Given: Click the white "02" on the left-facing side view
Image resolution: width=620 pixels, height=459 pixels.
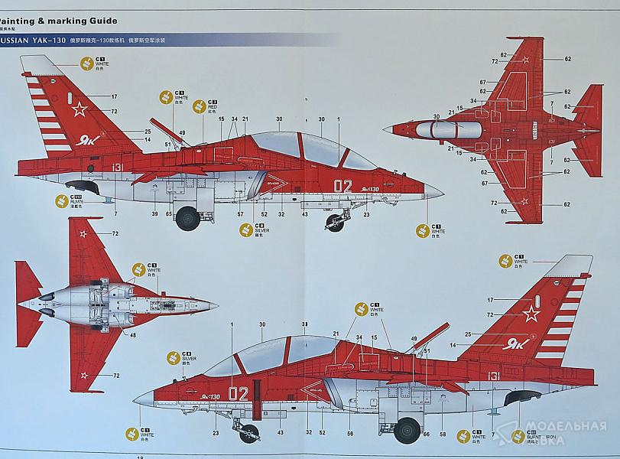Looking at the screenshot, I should pyautogui.click(x=343, y=185).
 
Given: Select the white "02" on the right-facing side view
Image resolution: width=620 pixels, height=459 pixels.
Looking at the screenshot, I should pyautogui.click(x=238, y=393).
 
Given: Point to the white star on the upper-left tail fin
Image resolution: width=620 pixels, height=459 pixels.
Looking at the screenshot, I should pyautogui.click(x=80, y=109).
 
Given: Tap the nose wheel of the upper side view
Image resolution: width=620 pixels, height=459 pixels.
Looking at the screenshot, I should pyautogui.click(x=335, y=223).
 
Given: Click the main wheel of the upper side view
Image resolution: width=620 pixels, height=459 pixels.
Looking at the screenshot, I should pyautogui.click(x=187, y=220).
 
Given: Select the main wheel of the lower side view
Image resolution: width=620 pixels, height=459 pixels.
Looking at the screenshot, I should pyautogui.click(x=407, y=430).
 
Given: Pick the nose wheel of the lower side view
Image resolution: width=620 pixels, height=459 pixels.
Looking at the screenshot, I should pyautogui.click(x=248, y=432).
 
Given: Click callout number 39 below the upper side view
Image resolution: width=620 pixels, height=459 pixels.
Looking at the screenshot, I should pyautogui.click(x=154, y=214).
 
